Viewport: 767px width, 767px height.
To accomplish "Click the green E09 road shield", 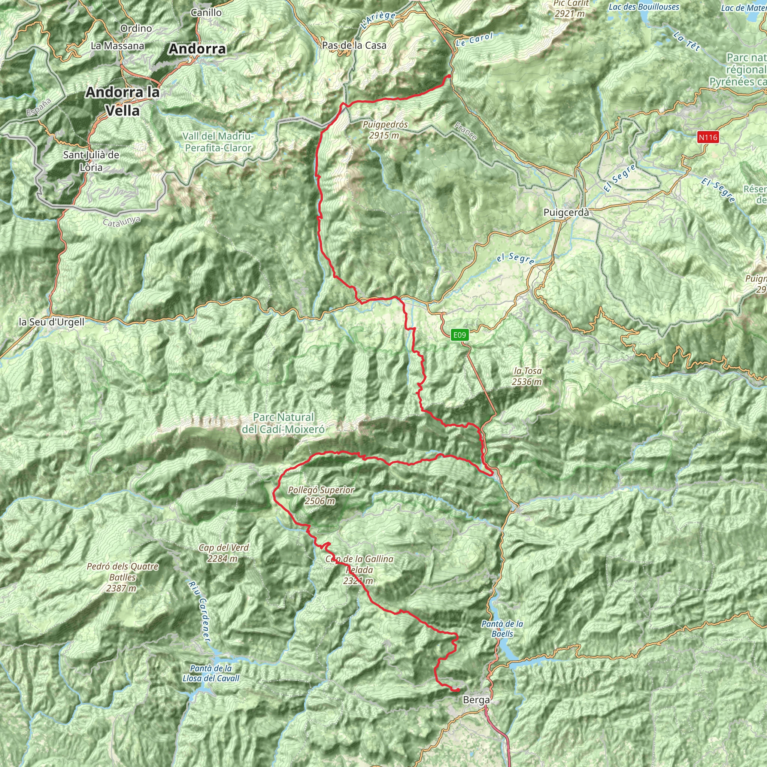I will coord(459,335).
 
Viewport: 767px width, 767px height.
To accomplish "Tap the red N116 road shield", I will coord(708,137).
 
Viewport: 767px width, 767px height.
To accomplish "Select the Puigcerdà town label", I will coord(566,212).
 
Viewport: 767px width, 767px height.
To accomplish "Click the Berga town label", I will coord(476,700).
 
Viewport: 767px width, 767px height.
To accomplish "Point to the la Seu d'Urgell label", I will coord(52,322).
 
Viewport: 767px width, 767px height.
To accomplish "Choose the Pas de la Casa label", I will coord(354,45).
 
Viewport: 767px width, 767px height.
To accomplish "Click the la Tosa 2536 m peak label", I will coord(527,376).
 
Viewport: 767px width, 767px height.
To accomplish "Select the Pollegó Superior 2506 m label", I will coord(321,495).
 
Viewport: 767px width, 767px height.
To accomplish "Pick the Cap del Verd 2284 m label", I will coord(224,553).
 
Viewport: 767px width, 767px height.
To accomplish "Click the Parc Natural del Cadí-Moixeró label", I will coord(283,423).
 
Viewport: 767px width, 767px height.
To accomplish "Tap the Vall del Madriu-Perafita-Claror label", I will coord(218,142).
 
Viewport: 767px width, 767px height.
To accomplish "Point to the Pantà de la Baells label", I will coord(502,628).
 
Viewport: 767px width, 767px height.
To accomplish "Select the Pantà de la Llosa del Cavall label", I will coord(211,673).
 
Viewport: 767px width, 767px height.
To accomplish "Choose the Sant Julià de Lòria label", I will coord(91,161).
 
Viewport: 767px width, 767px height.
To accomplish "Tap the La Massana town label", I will coord(118,46).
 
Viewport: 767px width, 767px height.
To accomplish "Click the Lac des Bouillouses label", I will coord(644,7).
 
